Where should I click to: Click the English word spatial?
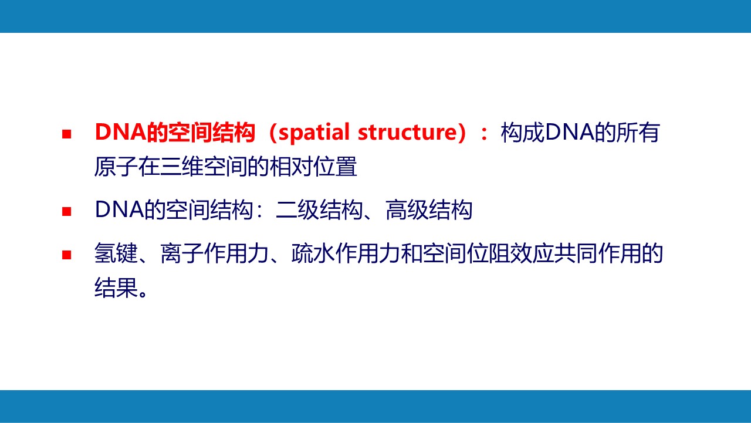(314, 133)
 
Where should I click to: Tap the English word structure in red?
(407, 133)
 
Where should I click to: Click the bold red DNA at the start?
(120, 132)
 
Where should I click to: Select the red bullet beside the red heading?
(67, 134)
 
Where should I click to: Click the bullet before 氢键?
(67, 255)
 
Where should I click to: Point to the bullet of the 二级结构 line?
(67, 211)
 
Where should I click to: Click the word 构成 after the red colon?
(522, 133)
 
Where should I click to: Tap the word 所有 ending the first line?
(638, 133)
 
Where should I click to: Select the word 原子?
(116, 166)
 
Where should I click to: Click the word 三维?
(181, 166)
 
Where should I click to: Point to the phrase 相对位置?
(313, 166)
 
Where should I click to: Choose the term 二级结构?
(319, 210)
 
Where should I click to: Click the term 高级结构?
(429, 210)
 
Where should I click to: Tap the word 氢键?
(116, 253)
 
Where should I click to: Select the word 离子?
(182, 253)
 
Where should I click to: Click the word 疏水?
(313, 253)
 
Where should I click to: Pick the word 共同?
(576, 253)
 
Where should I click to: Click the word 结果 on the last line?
(116, 287)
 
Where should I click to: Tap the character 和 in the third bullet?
(411, 253)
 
